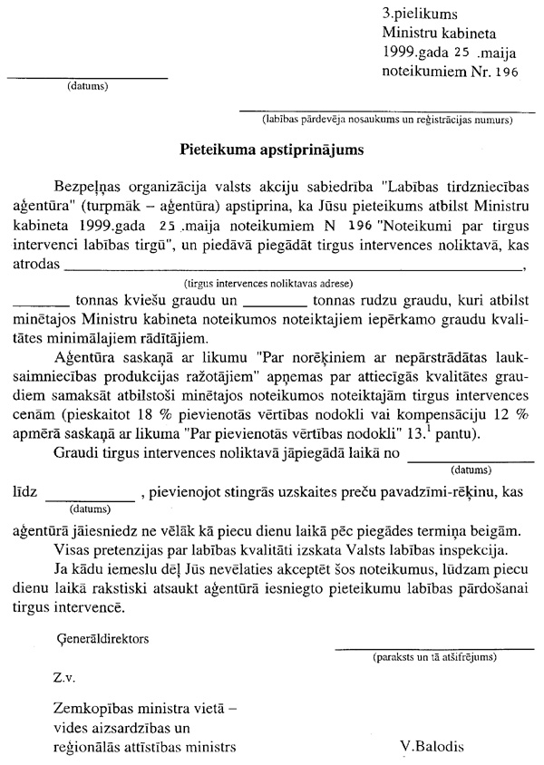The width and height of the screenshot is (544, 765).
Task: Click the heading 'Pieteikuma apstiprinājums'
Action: click(x=272, y=143)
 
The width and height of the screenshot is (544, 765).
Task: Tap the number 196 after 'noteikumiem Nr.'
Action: click(x=505, y=73)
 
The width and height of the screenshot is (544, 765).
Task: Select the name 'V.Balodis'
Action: click(x=431, y=748)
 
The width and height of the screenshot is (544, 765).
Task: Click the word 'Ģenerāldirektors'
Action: click(x=102, y=638)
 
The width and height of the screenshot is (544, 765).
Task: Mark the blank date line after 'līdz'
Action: click(x=89, y=497)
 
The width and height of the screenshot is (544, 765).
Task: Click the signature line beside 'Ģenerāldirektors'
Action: click(x=431, y=645)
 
